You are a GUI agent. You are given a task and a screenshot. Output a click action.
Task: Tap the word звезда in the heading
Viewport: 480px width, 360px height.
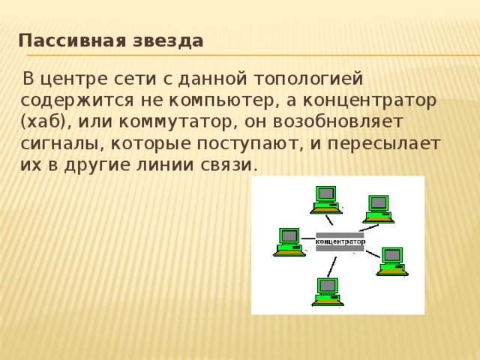169,40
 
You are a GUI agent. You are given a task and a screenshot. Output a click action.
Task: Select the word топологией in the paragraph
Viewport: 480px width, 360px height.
309,78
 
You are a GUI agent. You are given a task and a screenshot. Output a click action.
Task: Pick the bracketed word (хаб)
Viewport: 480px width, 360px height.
44,121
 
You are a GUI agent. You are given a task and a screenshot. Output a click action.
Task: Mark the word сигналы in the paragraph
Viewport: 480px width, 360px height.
60,142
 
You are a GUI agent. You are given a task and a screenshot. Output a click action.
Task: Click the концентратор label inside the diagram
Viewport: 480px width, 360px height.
340,241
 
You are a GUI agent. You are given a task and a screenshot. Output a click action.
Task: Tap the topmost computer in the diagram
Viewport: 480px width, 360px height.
325,199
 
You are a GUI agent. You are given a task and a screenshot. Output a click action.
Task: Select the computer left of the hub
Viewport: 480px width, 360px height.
289,241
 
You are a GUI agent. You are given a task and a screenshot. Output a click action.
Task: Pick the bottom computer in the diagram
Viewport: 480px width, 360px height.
327,291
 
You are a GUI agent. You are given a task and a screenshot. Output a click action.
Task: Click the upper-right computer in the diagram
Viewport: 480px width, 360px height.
379,208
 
